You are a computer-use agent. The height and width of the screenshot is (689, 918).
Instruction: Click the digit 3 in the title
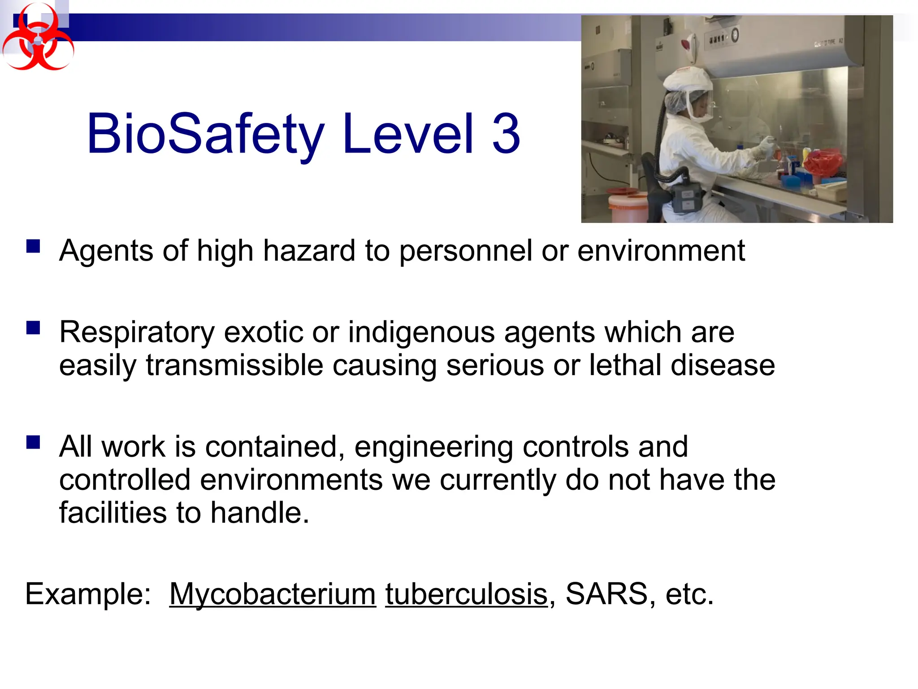coord(506,134)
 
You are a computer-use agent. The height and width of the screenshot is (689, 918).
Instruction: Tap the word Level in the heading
coord(408,133)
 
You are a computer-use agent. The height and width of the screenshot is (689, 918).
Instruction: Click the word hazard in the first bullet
coord(309,251)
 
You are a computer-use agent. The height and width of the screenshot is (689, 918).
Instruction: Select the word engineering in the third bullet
coord(433,448)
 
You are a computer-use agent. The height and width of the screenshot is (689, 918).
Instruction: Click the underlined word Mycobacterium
coord(273,594)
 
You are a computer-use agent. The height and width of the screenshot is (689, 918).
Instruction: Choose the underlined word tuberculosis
coord(466,594)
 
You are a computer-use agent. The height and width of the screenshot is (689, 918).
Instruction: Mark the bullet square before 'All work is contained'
coord(33,442)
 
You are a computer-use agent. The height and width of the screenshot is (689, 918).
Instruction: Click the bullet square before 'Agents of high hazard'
coord(33,246)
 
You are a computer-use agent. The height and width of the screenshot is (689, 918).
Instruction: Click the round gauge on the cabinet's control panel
coord(735,35)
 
